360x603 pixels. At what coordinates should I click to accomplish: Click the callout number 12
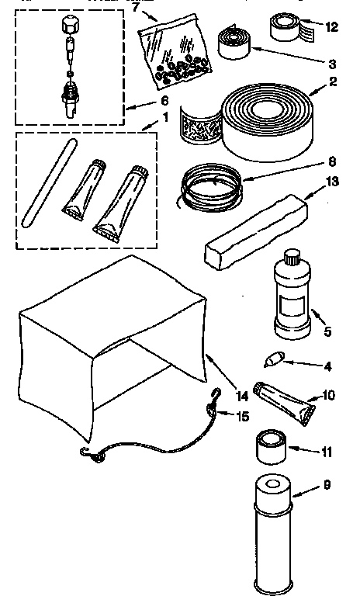tap(332, 26)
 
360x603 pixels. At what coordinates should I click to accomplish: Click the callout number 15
tap(242, 417)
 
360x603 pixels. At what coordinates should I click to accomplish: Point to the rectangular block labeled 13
tap(255, 233)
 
